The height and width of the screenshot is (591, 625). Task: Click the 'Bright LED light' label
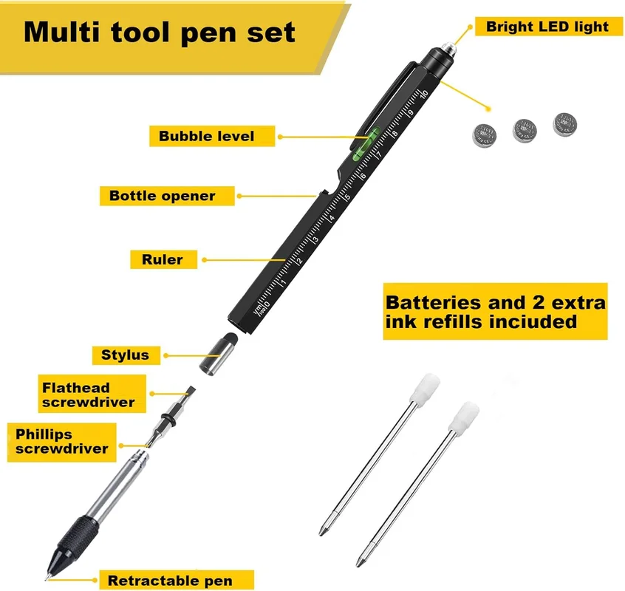547,27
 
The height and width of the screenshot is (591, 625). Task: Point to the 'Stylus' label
126,355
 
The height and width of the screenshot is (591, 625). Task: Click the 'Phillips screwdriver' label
62,442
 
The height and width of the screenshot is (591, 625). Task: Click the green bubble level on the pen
364,144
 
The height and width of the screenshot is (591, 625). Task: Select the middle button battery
525,130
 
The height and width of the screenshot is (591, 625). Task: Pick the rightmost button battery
565,125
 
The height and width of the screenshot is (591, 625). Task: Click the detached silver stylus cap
219,354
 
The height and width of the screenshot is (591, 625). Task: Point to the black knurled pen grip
78,537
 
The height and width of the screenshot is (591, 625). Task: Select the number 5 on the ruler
346,197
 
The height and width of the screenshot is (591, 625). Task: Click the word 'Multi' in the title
62,32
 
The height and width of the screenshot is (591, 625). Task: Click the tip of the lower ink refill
357,565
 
